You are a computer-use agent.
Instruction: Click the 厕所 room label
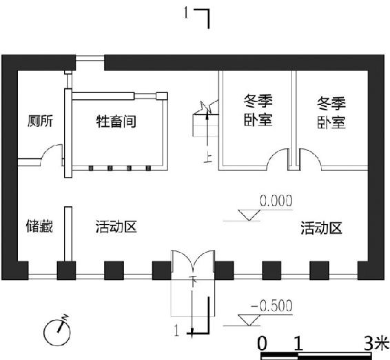40,121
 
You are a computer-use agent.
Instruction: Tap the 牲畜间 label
116,121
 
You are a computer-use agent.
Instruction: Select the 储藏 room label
39,226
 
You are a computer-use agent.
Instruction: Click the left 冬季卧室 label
258,110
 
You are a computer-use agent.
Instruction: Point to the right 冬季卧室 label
331,113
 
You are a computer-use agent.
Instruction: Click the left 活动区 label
116,227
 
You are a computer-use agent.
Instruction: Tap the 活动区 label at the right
321,228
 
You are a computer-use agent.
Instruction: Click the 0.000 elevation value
276,201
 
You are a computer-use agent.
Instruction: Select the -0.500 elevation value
271,306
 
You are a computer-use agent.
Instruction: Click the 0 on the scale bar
262,344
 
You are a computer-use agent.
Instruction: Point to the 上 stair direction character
207,159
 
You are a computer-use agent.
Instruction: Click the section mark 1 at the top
186,12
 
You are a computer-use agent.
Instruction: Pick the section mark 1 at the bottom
176,330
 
